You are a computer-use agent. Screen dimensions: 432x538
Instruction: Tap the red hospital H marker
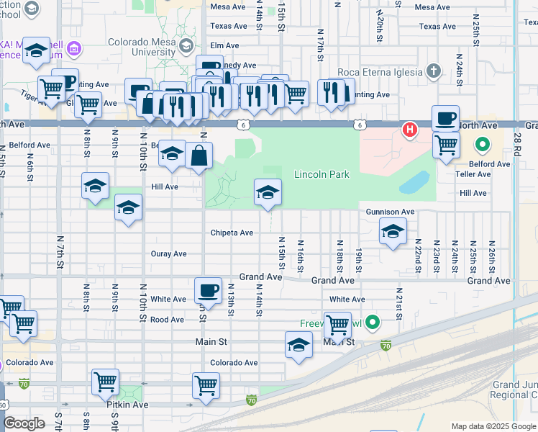pos(409,130)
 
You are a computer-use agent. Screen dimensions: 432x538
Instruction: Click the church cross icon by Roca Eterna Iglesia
pos(432,71)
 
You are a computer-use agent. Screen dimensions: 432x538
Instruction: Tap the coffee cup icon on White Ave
pos(208,290)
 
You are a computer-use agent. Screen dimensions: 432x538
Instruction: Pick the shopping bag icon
pos(199,155)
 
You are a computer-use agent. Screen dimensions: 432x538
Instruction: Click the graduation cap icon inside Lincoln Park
pos(268,192)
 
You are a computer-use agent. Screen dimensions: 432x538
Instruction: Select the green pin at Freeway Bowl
pos(372,321)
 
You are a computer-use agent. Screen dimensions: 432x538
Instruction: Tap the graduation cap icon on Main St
pos(298,345)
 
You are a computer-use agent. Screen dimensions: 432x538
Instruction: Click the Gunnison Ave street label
pos(390,212)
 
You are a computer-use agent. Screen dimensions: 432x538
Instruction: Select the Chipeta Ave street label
pos(232,233)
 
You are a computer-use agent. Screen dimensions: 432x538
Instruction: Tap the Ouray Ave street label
pos(168,253)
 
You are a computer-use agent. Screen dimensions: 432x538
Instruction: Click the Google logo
pos(24,423)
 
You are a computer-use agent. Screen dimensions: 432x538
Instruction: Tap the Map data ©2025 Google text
pos(493,426)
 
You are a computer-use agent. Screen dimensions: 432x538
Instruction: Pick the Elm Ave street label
pos(224,45)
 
